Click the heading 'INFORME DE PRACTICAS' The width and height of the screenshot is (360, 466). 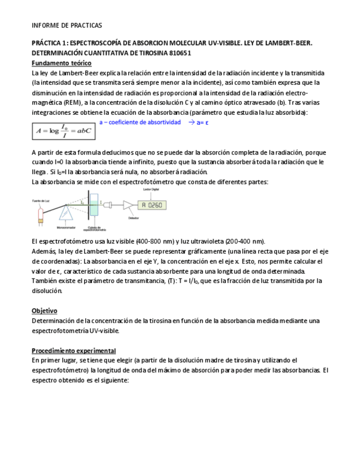[67, 25]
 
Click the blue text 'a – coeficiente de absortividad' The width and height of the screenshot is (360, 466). [140, 122]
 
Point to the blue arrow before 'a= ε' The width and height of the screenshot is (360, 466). [191, 122]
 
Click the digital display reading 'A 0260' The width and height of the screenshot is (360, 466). [151, 205]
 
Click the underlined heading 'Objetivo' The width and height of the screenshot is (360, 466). [44, 310]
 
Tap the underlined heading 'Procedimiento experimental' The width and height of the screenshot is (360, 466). [74, 350]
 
